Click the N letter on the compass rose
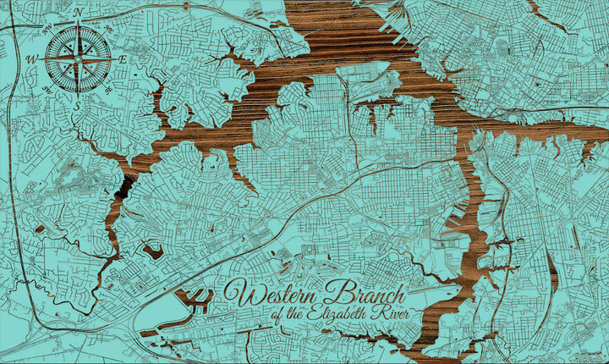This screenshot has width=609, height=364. pos(78,13)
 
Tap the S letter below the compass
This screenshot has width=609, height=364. pos(78,104)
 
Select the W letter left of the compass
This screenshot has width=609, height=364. pos(33,59)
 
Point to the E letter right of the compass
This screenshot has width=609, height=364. pos(123,59)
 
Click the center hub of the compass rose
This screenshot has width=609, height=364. pos(78,59)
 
